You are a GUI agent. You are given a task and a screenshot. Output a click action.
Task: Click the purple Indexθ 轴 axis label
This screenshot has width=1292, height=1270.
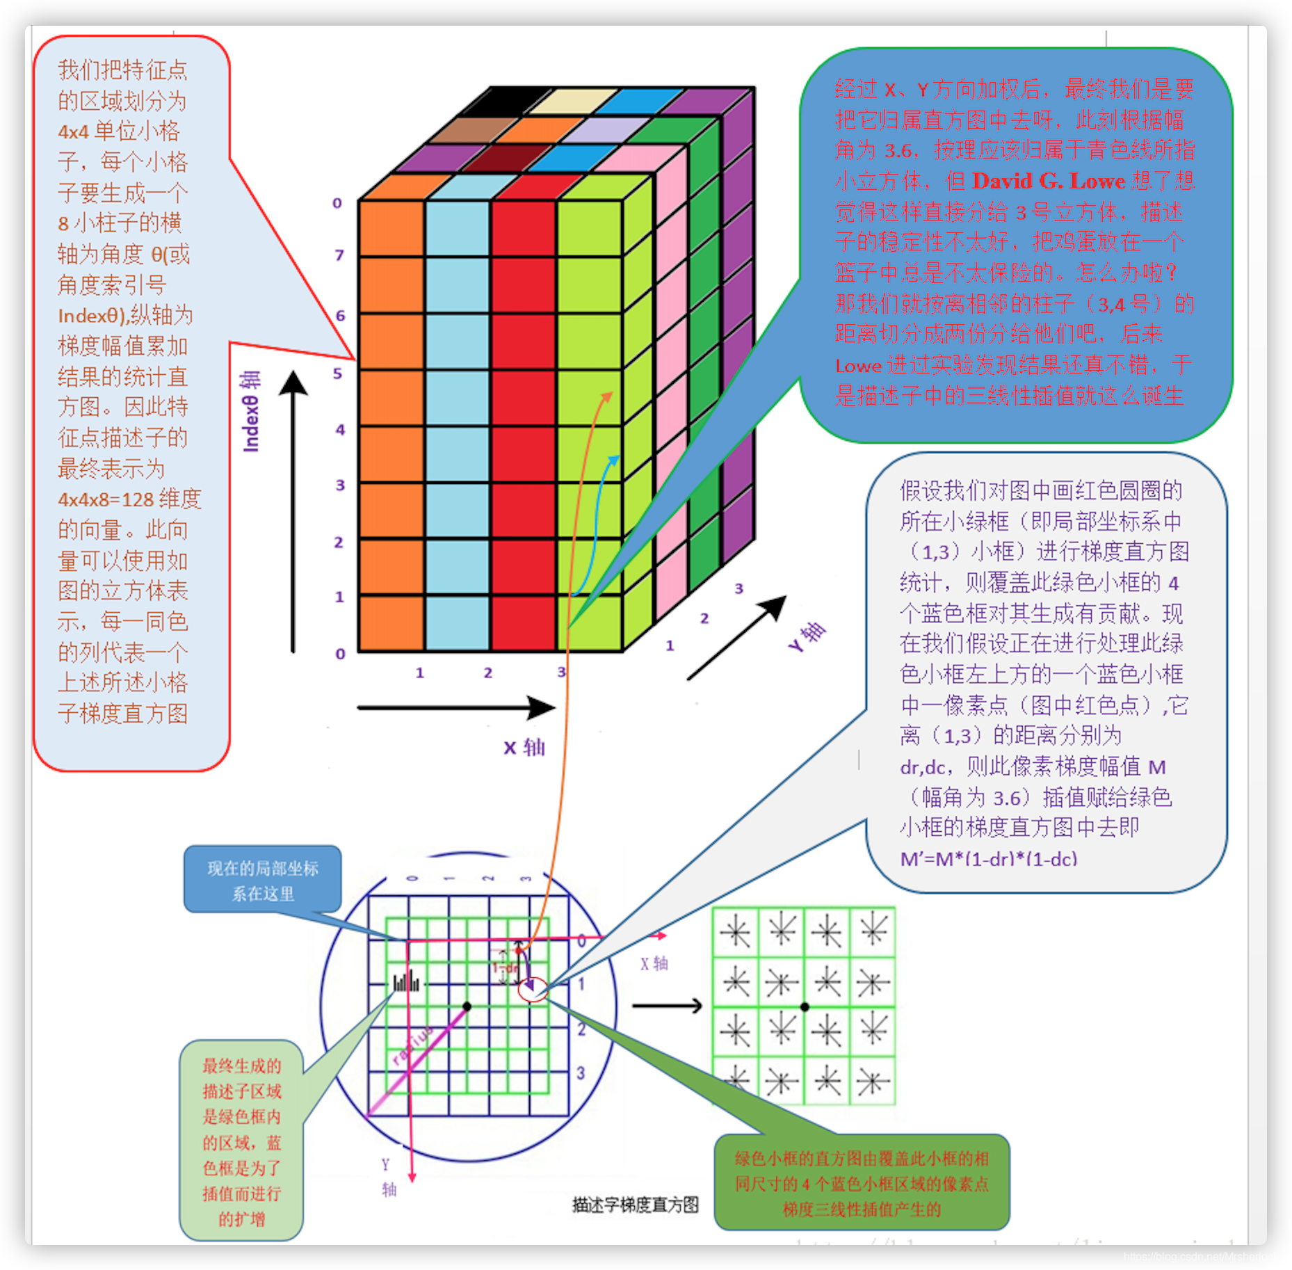[250, 412]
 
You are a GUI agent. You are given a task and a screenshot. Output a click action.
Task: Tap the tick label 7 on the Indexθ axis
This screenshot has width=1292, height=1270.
[339, 255]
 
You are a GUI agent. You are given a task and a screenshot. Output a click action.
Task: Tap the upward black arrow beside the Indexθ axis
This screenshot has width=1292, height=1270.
[293, 511]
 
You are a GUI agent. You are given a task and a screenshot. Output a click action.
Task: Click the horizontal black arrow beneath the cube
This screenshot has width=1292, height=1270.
[455, 708]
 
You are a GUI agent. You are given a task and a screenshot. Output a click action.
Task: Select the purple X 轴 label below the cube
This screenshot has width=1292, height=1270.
[524, 748]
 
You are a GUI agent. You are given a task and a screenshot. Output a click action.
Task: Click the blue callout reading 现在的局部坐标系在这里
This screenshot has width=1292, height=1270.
[262, 880]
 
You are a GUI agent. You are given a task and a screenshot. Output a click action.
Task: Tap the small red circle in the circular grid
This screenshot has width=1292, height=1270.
[533, 990]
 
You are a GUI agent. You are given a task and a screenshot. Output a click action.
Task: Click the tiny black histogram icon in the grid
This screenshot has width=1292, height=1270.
[406, 982]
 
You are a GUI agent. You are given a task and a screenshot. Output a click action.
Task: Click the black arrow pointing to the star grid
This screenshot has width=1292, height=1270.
[667, 1006]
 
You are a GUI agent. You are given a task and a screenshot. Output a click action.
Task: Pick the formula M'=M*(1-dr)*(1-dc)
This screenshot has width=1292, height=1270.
[988, 859]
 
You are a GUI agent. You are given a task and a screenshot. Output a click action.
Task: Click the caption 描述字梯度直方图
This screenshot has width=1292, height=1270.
[635, 1205]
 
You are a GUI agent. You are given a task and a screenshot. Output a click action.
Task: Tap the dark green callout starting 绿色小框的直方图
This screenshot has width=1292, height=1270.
[862, 1184]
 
